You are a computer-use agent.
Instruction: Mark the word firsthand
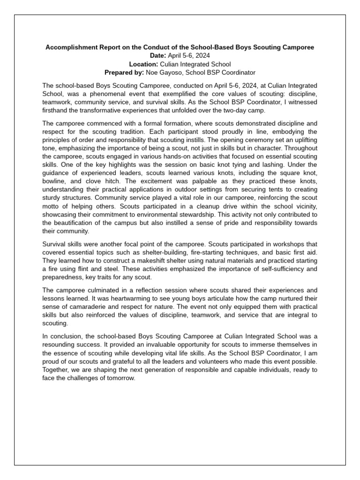point(56,111)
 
